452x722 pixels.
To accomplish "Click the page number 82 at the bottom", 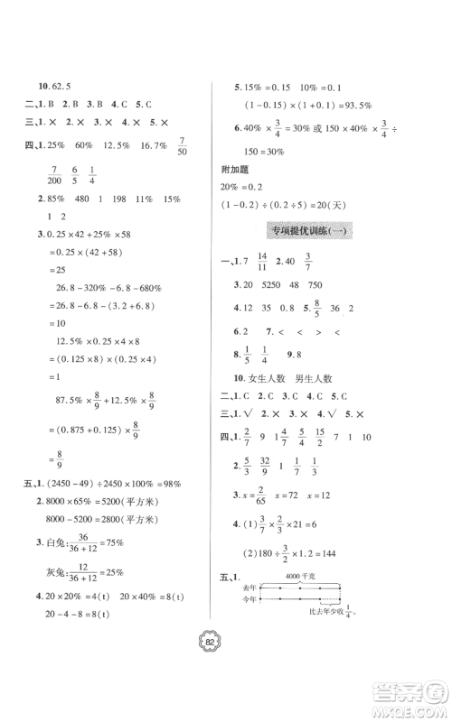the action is coord(225,640).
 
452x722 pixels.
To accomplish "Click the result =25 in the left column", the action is coord(57,269).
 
